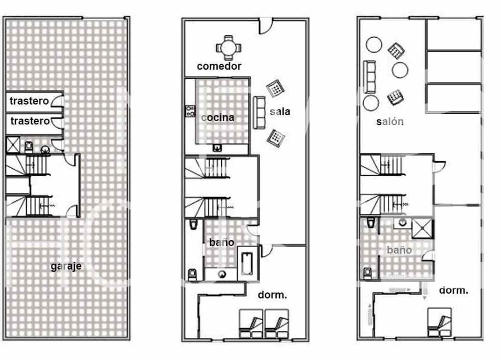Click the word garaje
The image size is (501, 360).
tap(66, 266)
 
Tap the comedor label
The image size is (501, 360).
tap(219, 66)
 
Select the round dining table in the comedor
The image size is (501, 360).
tap(228, 47)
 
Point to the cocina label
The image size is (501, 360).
tap(218, 118)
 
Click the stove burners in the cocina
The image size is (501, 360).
tap(190, 111)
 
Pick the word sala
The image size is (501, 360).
tap(280, 112)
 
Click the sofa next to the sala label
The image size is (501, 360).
tap(259, 113)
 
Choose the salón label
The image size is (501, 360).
tap(390, 122)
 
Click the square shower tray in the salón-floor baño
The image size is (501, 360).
tap(422, 228)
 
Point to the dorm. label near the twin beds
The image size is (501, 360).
tap(272, 295)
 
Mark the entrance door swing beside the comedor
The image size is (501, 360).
tap(266, 26)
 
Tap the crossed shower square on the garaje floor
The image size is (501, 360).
tap(12, 145)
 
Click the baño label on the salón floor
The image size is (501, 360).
tap(399, 250)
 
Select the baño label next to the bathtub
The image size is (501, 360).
tap(221, 242)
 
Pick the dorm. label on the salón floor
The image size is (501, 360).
tap(453, 290)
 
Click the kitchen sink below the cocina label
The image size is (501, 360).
tap(217, 147)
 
